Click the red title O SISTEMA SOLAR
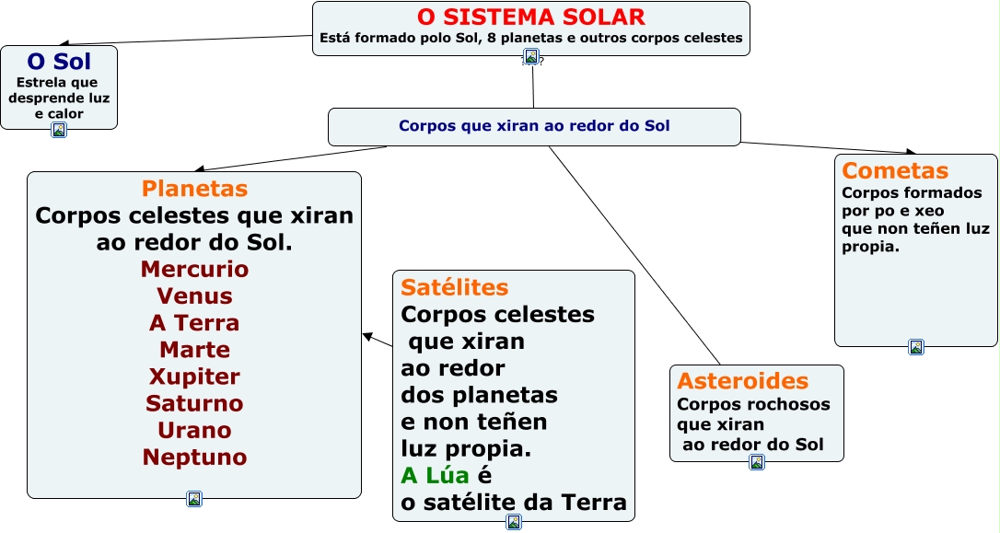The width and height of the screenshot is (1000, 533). pos(530,17)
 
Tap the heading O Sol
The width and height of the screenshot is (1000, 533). pos(59,62)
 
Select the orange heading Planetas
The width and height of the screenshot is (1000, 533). pos(194,189)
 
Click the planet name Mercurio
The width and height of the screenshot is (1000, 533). pos(194,269)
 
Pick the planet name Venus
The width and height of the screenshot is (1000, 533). pos(194,295)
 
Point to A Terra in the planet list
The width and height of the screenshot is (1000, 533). pos(194,322)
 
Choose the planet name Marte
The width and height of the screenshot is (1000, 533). pos(194,350)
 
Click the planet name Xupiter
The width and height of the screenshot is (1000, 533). pos(194,377)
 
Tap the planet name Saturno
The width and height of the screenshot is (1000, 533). pos(194,403)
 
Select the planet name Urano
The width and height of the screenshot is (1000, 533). pos(194,430)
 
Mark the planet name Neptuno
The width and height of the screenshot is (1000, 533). pos(194,458)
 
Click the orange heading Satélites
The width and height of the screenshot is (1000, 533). pos(455,287)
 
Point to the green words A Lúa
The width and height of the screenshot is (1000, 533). pos(435,476)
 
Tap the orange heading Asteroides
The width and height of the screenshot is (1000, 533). pos(743,381)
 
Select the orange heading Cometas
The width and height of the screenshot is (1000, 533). pos(895,171)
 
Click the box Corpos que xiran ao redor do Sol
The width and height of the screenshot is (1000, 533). pos(534,127)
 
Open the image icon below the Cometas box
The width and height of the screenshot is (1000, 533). pos(916,347)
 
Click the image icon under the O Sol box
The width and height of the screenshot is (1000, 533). pos(59,130)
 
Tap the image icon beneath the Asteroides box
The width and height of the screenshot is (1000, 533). pos(756,462)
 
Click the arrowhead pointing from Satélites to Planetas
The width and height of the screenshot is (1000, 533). pos(367,336)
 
